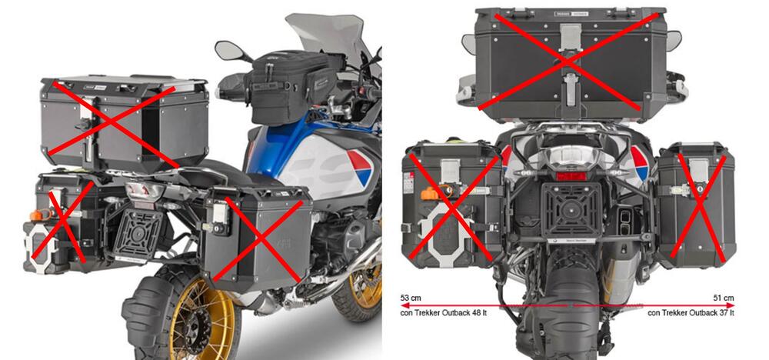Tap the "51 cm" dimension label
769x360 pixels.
pyautogui.click(x=724, y=297)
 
